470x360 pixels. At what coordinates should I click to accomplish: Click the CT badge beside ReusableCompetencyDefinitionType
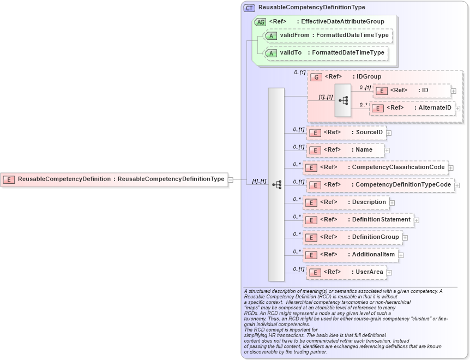(x=249, y=8)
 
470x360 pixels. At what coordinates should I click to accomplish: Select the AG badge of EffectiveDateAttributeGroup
(x=261, y=22)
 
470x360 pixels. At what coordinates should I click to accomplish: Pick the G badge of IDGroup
(x=316, y=77)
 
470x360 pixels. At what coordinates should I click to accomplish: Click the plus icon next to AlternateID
(x=457, y=108)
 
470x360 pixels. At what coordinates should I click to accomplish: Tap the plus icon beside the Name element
(x=387, y=150)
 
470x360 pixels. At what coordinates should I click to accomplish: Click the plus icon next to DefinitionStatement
(x=417, y=220)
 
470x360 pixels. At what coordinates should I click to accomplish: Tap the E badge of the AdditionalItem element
(x=310, y=255)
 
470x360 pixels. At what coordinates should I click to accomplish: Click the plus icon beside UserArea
(x=389, y=272)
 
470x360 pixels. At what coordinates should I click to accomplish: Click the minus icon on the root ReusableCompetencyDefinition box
(x=231, y=179)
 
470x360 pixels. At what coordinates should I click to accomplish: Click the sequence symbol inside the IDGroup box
(x=343, y=100)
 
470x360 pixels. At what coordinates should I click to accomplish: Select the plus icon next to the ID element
(x=454, y=91)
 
